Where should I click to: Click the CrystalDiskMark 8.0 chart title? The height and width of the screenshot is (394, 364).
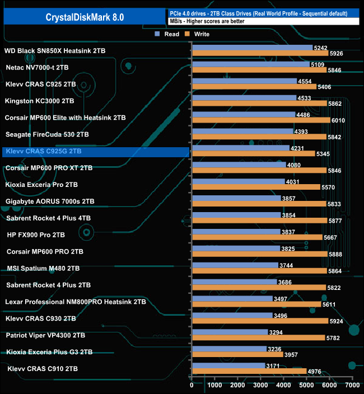click(x=85, y=17)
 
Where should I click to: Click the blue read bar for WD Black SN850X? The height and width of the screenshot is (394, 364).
click(x=251, y=48)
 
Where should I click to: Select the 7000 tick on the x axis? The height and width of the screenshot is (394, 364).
click(x=352, y=385)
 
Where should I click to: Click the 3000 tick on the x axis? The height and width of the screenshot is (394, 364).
click(x=260, y=385)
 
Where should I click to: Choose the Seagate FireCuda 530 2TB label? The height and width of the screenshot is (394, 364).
click(x=46, y=134)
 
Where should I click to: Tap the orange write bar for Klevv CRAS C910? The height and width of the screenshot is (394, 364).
click(x=249, y=371)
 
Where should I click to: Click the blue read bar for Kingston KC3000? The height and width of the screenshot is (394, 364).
click(x=244, y=98)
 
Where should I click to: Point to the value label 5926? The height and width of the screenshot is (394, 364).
click(x=337, y=53)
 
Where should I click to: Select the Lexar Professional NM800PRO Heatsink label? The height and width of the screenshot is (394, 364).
click(x=75, y=302)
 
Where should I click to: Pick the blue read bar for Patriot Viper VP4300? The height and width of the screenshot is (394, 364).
click(x=229, y=332)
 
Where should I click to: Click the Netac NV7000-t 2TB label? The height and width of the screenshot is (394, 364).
click(x=38, y=67)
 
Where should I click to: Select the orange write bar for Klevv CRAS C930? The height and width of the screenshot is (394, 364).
click(x=259, y=321)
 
